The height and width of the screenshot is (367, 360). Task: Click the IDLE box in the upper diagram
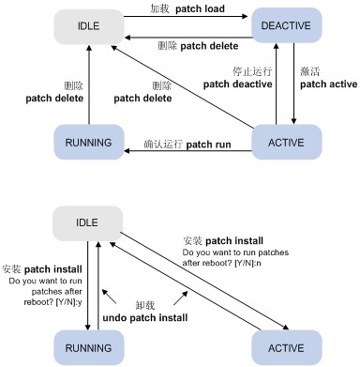(x=89, y=26)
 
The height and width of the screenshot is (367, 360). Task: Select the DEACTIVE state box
(x=286, y=25)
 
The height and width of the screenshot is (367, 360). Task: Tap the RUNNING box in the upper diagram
(x=89, y=143)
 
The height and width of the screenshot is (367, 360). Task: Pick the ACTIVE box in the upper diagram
(x=286, y=143)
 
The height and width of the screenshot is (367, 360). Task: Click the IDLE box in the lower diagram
(x=87, y=223)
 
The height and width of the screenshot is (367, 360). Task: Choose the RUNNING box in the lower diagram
(x=89, y=347)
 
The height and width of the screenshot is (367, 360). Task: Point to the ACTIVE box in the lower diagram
(x=286, y=347)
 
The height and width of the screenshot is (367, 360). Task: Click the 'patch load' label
(x=200, y=9)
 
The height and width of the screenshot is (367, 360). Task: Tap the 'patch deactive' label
(x=237, y=84)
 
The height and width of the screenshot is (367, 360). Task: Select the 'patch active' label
(x=329, y=84)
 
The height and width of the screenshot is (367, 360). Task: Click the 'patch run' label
(x=208, y=145)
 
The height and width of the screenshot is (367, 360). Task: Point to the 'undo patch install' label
(x=145, y=318)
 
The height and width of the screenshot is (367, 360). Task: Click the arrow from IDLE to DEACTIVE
(x=186, y=16)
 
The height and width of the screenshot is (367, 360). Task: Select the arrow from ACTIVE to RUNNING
(x=187, y=151)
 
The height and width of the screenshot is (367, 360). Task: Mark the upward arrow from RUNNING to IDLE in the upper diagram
(x=89, y=84)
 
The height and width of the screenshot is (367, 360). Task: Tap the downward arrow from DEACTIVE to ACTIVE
(x=293, y=84)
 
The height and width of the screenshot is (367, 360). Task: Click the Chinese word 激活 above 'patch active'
(x=309, y=71)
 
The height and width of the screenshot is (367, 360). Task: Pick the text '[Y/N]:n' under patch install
(x=247, y=263)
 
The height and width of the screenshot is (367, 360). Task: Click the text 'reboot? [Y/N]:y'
(x=52, y=302)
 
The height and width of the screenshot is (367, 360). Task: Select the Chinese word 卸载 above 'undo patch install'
(x=145, y=305)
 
